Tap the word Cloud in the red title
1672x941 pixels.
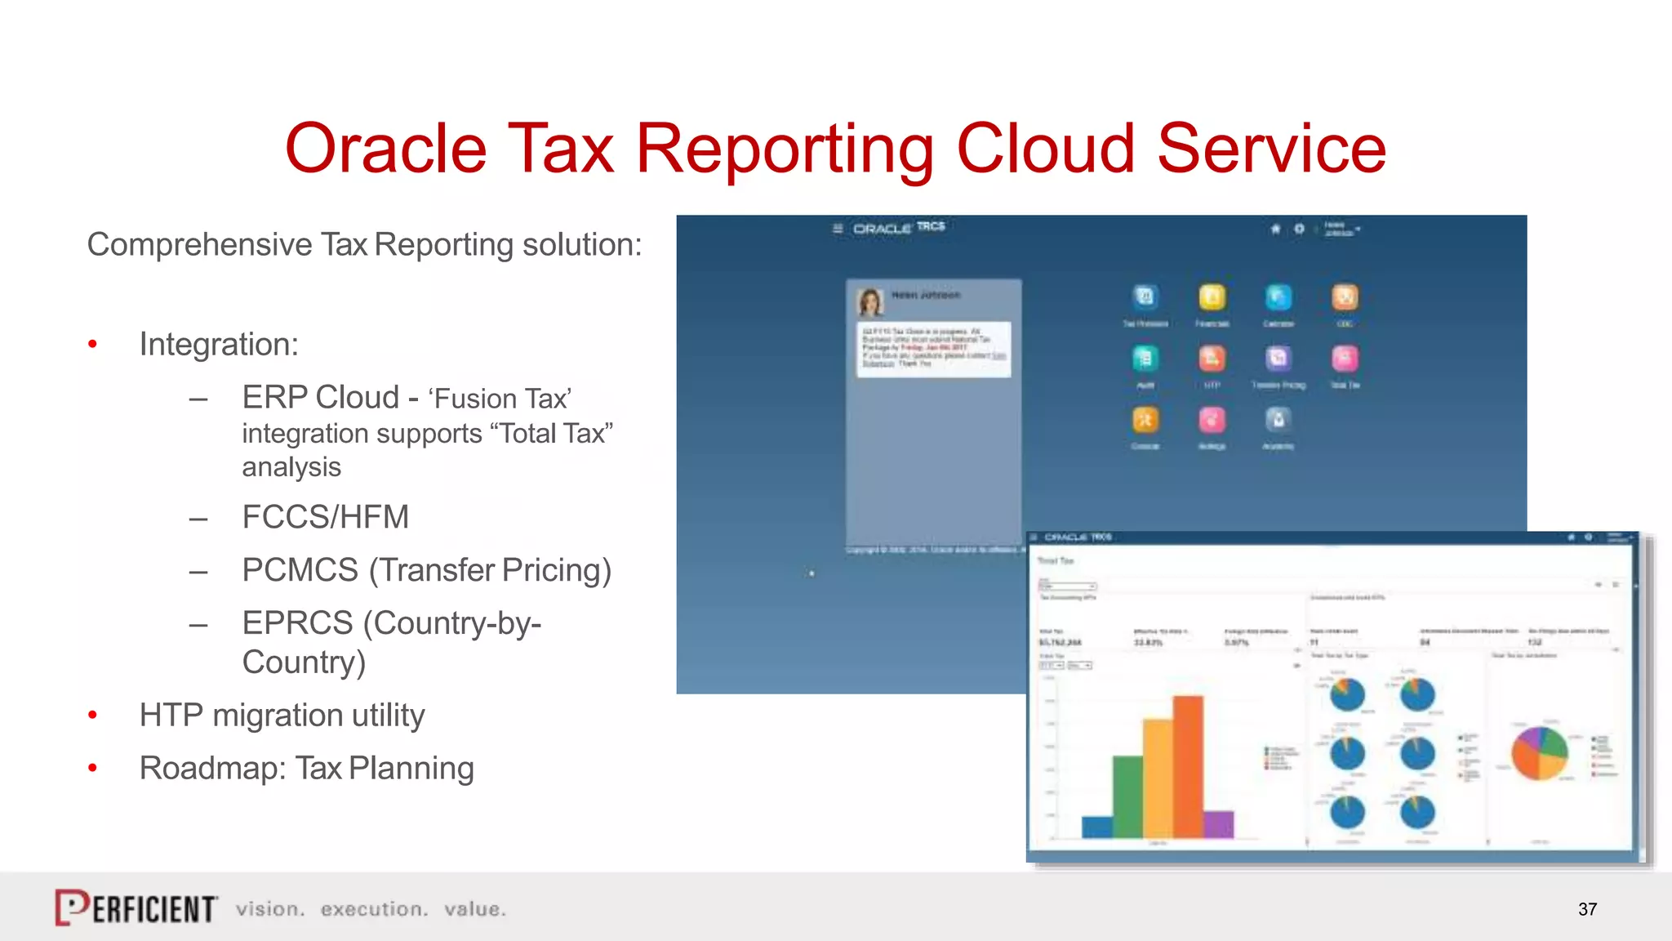point(1045,149)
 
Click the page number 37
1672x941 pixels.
point(1587,909)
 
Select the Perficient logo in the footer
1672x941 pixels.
point(136,908)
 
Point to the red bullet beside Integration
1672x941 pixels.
point(93,345)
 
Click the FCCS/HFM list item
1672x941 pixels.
point(325,517)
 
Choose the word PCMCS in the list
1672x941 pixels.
point(300,570)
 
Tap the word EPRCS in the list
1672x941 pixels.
point(297,623)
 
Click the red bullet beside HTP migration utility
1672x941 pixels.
point(93,716)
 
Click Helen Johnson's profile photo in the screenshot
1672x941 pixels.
point(870,301)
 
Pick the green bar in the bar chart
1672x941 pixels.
point(1127,796)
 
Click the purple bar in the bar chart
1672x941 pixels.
point(1218,823)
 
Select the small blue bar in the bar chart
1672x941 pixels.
point(1096,827)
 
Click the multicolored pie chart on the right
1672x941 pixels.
point(1540,753)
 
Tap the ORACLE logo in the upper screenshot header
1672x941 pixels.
point(882,229)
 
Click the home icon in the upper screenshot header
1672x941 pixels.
point(1275,229)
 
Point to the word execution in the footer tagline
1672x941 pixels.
point(374,909)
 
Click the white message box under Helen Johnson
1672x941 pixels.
point(933,349)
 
